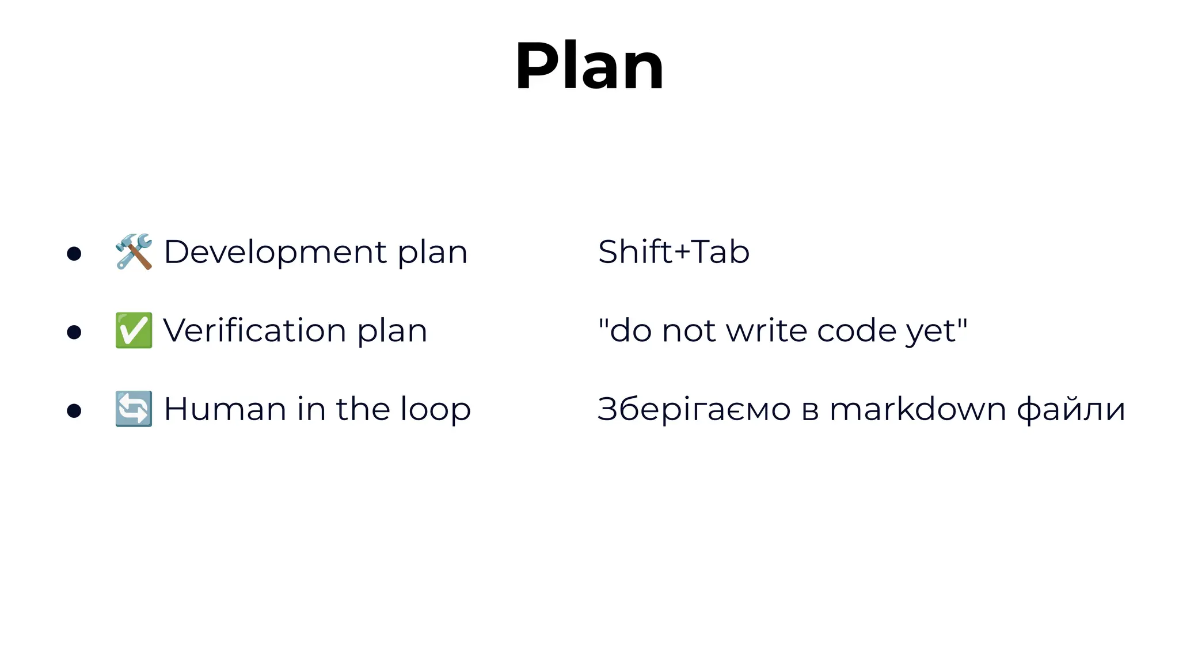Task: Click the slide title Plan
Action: click(589, 66)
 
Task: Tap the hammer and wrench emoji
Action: click(134, 252)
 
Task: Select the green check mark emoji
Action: click(134, 330)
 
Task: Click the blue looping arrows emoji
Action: click(134, 409)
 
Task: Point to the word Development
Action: click(275, 252)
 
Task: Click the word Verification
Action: click(254, 330)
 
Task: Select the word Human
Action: click(225, 409)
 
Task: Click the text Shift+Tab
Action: click(674, 252)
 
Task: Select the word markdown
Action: click(918, 409)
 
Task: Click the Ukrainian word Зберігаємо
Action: click(694, 409)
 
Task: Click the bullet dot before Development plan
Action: click(74, 253)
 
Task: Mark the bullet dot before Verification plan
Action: click(74, 332)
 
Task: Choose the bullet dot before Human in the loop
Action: click(74, 410)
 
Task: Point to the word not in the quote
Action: click(689, 331)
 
